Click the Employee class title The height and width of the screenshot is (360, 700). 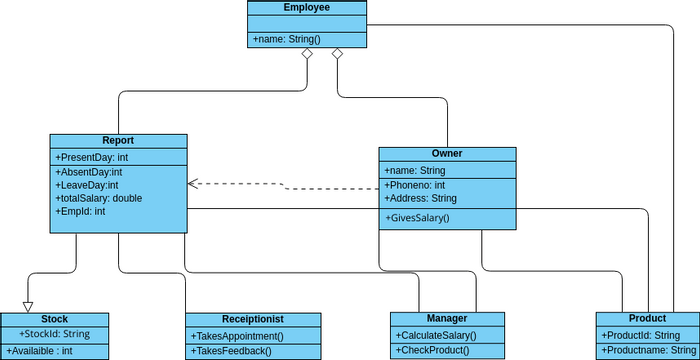(307, 8)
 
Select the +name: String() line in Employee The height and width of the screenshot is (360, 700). (286, 39)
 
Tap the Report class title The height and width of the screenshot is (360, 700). (118, 141)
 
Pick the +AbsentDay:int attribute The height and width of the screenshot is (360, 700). (89, 172)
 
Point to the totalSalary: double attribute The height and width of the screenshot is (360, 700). (99, 198)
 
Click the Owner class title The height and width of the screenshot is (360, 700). (447, 154)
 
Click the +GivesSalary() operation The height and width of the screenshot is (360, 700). (417, 218)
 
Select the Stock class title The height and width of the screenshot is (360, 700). (55, 319)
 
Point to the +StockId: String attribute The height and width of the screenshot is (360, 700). (55, 334)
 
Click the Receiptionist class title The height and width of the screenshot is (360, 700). (254, 319)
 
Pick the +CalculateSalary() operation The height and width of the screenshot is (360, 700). (436, 335)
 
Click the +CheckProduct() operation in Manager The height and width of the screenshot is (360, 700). (432, 351)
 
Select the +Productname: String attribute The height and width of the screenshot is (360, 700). (647, 351)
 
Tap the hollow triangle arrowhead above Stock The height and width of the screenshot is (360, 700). (28, 306)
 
